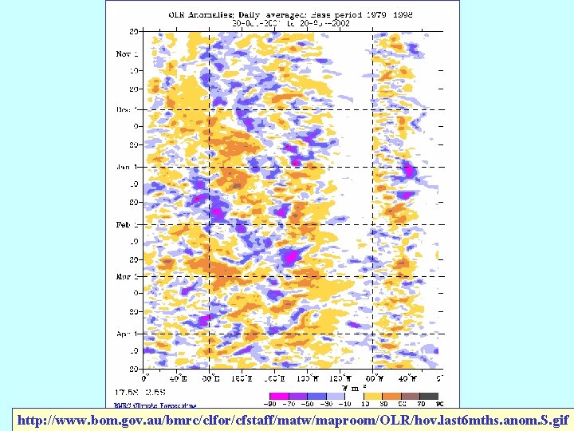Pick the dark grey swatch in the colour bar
(429, 395)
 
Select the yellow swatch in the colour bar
(372, 395)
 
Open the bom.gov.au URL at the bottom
(293, 419)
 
